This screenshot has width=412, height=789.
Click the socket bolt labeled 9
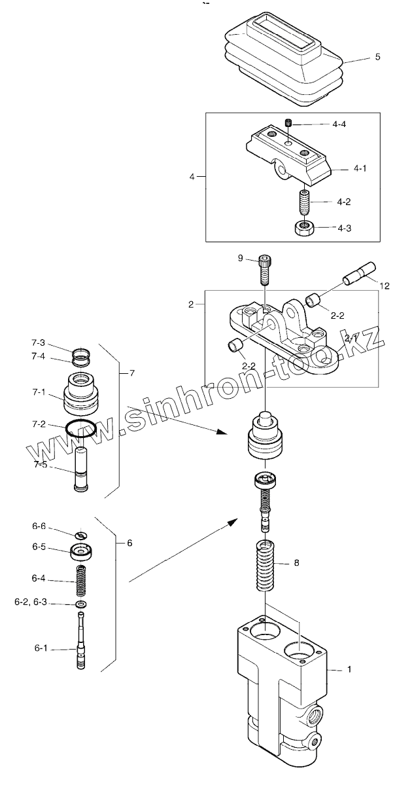coord(264,268)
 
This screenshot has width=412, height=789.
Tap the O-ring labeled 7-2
coord(81,430)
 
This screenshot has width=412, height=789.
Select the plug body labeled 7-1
coord(82,395)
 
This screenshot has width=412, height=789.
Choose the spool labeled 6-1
coord(82,645)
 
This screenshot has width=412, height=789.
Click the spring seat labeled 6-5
coord(82,551)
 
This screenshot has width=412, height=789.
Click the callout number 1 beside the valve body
coord(349,670)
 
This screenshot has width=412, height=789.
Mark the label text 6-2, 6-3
coord(29,602)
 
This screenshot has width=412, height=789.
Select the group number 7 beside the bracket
coord(131,373)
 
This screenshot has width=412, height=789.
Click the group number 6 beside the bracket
coord(129,543)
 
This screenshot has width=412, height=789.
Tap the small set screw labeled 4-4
coord(288,122)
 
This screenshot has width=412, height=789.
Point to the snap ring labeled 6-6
coord(82,534)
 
